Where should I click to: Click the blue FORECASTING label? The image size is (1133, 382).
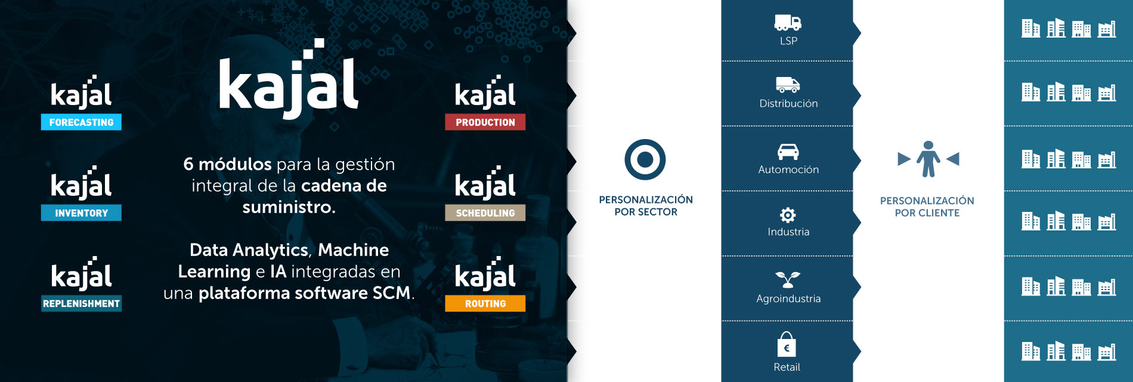[81, 122]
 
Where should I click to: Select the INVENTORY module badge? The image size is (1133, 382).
[81, 212]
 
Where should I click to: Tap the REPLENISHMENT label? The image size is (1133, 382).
[81, 303]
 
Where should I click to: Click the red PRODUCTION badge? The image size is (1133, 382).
[485, 122]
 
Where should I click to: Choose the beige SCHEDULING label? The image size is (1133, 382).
[485, 212]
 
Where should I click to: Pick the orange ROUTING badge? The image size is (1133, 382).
[485, 303]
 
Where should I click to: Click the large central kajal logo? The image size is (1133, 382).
[289, 81]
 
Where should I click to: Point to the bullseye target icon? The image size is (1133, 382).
[645, 159]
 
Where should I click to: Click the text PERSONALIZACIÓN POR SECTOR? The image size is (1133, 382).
[646, 205]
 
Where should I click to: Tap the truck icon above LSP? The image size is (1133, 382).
[788, 23]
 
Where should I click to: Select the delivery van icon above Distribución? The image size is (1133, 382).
[788, 85]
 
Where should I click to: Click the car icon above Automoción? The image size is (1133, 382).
[788, 152]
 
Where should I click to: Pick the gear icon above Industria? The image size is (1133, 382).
[788, 215]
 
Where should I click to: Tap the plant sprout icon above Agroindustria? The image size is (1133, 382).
[788, 279]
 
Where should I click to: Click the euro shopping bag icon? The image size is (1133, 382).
[787, 344]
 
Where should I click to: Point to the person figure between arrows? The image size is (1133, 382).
[928, 159]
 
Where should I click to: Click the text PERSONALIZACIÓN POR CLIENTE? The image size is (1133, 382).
[927, 207]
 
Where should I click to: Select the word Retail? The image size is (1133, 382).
[787, 367]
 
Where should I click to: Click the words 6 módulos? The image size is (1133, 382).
[227, 164]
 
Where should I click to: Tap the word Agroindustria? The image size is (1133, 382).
[788, 298]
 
